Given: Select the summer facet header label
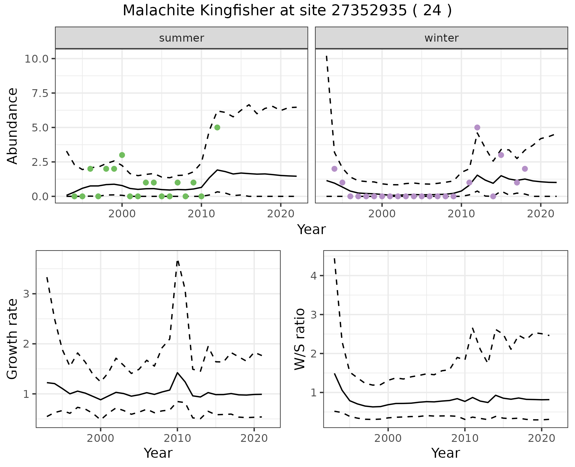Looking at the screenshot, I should pyautogui.click(x=181, y=38).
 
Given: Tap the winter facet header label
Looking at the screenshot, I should pyautogui.click(x=441, y=38).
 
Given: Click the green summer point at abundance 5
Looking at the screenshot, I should pyautogui.click(x=217, y=128).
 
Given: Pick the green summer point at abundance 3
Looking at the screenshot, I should pyautogui.click(x=122, y=155).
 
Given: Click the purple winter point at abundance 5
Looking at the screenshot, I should pyautogui.click(x=477, y=128).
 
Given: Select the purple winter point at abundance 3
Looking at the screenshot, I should pyautogui.click(x=501, y=155).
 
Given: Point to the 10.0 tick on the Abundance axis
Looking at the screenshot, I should pyautogui.click(x=36, y=59).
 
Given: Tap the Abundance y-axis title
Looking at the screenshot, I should pyautogui.click(x=13, y=126).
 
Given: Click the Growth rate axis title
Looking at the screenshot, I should pyautogui.click(x=13, y=339).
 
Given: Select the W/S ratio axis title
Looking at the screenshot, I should pyautogui.click(x=300, y=339).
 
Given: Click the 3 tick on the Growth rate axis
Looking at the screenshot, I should pyautogui.click(x=26, y=294).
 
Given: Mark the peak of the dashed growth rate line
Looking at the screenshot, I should pyautogui.click(x=178, y=261).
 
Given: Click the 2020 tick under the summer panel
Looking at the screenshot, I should pyautogui.click(x=281, y=214).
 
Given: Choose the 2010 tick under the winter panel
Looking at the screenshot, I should pyautogui.click(x=461, y=214).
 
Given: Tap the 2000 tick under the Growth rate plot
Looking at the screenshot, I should pyautogui.click(x=101, y=439).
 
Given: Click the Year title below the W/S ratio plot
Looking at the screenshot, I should pyautogui.click(x=445, y=453).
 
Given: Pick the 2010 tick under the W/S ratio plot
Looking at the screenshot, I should pyautogui.click(x=464, y=439).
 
